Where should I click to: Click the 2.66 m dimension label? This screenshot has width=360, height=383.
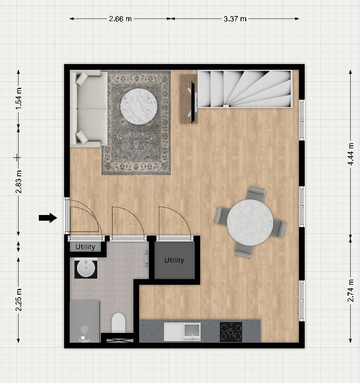120,19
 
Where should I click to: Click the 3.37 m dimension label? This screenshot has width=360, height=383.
235,19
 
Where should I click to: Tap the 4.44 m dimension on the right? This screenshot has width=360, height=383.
351,155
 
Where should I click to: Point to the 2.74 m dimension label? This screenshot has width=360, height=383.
351,290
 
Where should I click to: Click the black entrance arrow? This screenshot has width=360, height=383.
48,218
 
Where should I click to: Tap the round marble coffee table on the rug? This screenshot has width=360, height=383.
139,106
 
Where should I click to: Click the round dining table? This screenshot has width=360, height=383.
250,222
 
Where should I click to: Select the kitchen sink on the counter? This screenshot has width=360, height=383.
182,331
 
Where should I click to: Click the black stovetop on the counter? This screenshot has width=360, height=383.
231,331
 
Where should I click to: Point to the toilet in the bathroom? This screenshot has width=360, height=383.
118,323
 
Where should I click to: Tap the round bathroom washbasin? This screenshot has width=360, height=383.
85,268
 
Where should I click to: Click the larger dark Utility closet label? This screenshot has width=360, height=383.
174,260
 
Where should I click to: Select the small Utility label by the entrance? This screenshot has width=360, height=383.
85,247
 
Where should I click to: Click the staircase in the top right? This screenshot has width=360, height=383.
245,89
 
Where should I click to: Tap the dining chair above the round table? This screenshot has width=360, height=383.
256,194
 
